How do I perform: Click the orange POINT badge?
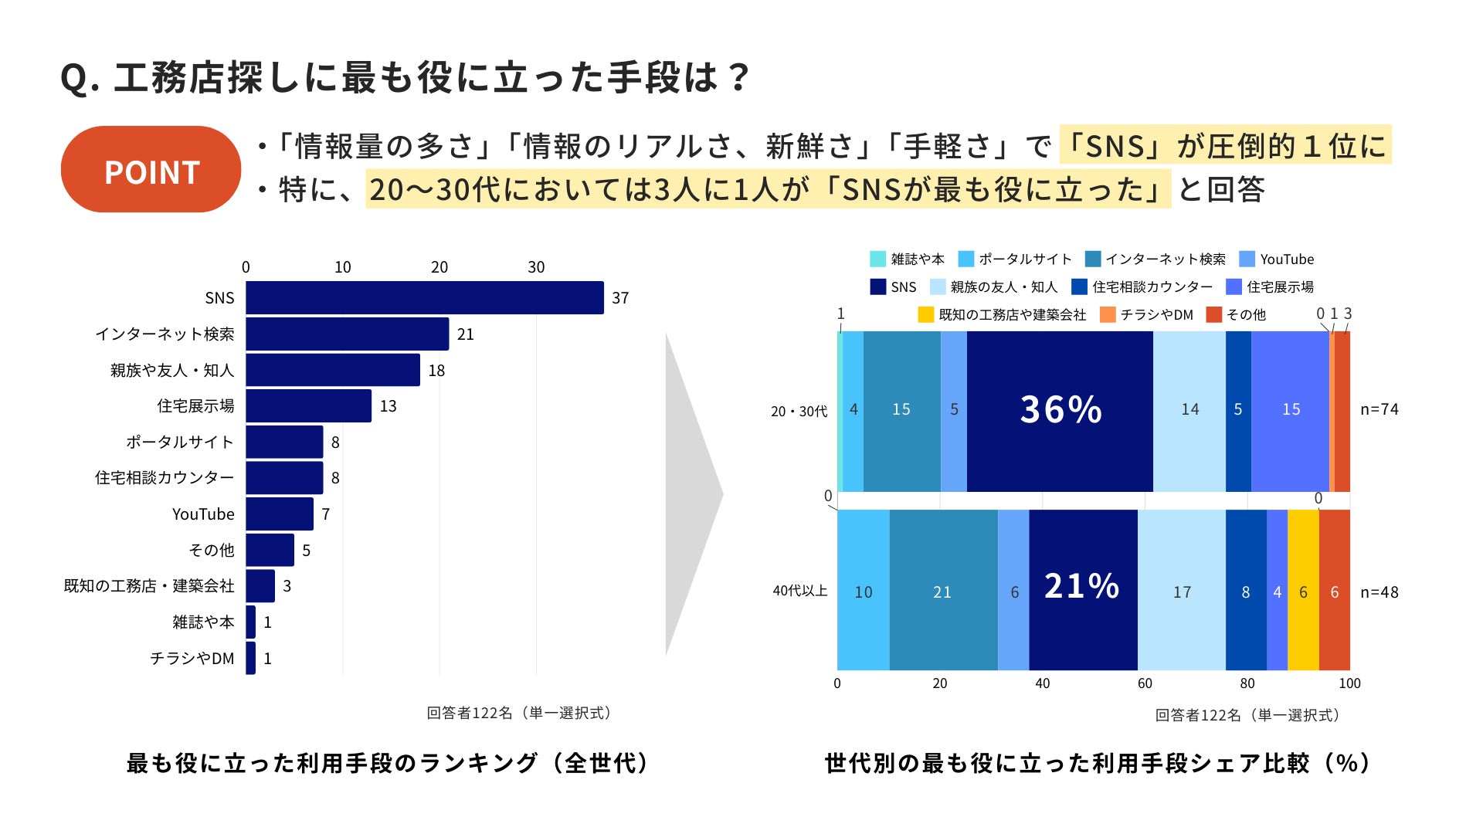(151, 169)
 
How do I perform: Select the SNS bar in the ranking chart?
(424, 297)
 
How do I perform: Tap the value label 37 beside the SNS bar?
(620, 298)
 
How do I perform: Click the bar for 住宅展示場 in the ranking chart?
(308, 406)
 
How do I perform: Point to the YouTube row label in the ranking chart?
(203, 514)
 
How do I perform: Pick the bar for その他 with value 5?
(270, 550)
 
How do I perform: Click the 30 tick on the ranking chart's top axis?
(536, 267)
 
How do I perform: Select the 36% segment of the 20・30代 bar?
(1060, 411)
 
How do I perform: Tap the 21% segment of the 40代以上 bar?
(1082, 589)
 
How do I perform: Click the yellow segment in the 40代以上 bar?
(1303, 590)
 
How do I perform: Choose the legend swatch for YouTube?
(1247, 259)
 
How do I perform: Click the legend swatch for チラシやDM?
(1108, 314)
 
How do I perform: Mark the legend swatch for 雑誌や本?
(877, 259)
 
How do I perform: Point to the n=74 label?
(1379, 409)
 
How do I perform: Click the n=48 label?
(1379, 592)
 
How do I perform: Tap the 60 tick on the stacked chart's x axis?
(1145, 683)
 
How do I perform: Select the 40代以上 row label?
(800, 591)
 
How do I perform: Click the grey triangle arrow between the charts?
(691, 494)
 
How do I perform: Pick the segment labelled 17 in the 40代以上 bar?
(1181, 590)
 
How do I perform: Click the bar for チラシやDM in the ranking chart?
(250, 658)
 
